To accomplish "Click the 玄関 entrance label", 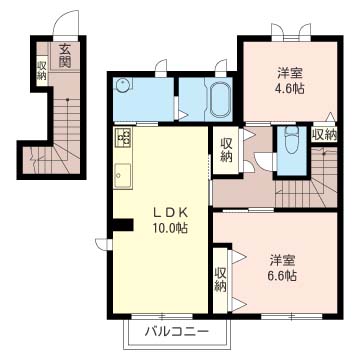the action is [65, 56].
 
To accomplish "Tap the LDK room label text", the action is [171, 212].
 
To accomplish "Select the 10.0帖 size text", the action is [170, 228].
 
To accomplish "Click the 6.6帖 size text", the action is [281, 275].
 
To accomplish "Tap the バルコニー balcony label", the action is [177, 331].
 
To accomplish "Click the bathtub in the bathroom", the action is [220, 99].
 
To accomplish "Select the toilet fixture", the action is [291, 140].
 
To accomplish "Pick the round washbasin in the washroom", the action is [121, 86].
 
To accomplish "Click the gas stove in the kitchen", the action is [123, 137].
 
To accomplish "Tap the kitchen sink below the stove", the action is [123, 175].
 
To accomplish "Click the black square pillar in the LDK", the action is [123, 225].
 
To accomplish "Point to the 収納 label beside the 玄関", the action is [41, 70].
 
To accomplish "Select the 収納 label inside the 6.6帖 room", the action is [220, 279].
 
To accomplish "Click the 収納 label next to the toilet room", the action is [324, 135].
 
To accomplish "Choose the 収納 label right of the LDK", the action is [225, 150].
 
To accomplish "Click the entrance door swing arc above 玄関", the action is [66, 22].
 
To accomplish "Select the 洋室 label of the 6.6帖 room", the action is [281, 260].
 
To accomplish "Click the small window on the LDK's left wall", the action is [104, 244].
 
